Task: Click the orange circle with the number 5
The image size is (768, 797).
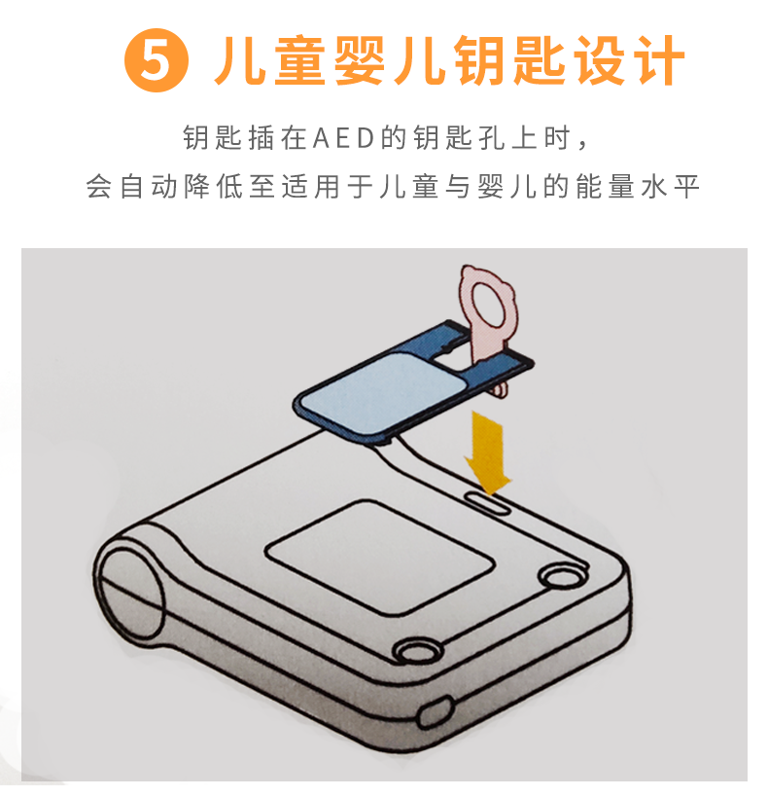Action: click(x=156, y=60)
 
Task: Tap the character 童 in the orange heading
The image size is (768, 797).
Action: click(x=300, y=61)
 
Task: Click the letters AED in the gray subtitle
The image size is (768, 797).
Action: click(x=344, y=138)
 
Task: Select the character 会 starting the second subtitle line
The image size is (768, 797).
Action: click(x=98, y=186)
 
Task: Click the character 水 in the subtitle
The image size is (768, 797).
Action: click(x=653, y=186)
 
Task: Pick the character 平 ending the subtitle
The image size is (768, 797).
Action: click(x=686, y=186)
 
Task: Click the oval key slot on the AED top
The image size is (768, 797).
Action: click(x=488, y=503)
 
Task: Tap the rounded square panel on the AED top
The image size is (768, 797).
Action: click(x=379, y=557)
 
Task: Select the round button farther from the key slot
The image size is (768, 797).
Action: click(x=416, y=650)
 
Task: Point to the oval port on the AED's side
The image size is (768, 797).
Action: click(x=436, y=712)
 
